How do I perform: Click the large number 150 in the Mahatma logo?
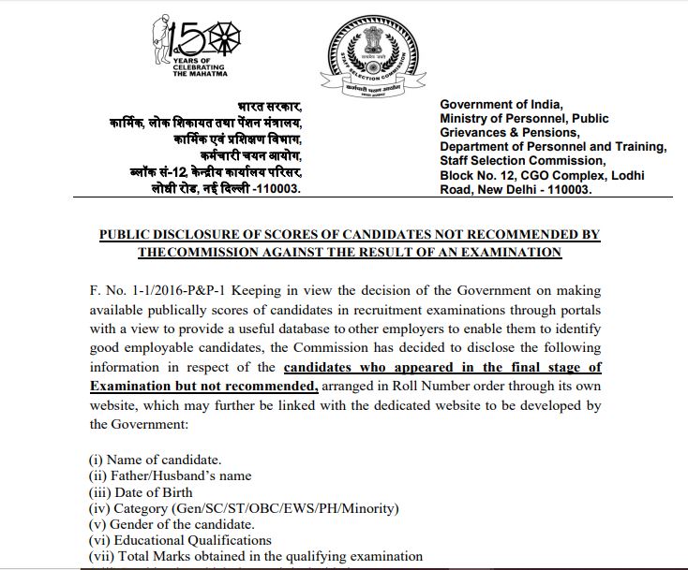(x=194, y=37)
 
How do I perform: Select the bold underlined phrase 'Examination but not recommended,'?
(x=204, y=386)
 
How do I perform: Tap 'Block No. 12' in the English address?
(x=479, y=175)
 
